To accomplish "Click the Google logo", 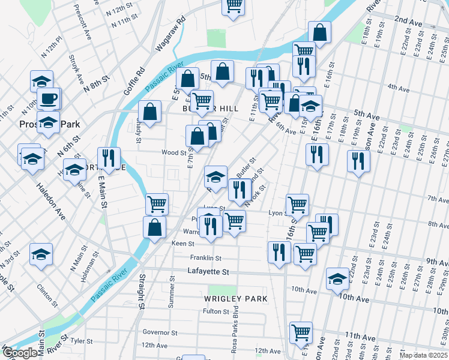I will coord(19,353).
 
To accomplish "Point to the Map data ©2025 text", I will coord(424,355).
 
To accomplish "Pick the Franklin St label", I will coord(206,258).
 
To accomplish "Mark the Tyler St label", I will coord(79,340).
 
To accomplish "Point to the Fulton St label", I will coord(216,311).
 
